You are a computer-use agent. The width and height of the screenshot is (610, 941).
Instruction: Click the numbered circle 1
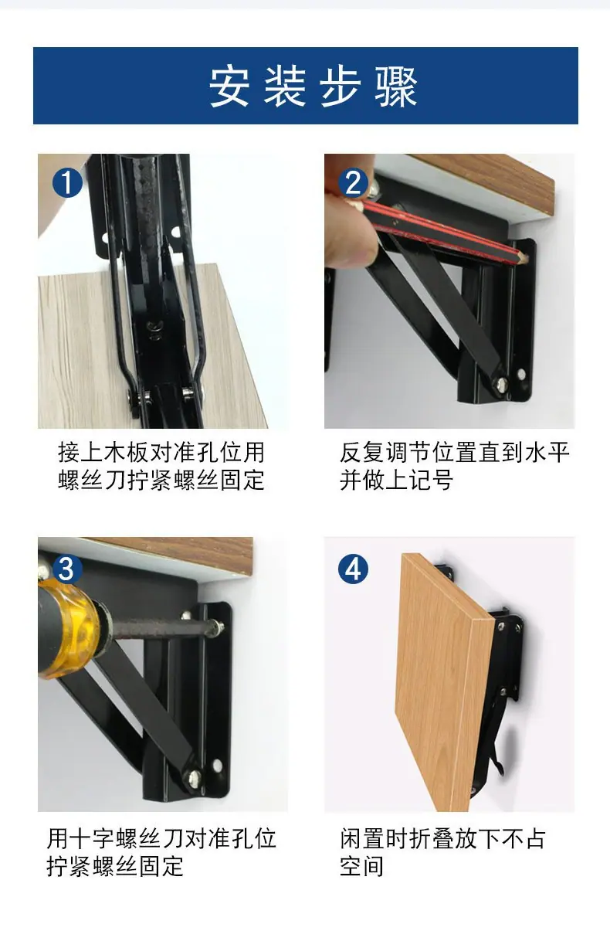pyautogui.click(x=67, y=183)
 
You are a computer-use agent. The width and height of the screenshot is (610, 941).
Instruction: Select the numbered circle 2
pyautogui.click(x=354, y=183)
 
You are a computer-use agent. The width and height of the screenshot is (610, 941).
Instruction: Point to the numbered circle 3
pyautogui.click(x=67, y=569)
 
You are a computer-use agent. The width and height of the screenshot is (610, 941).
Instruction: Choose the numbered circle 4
pyautogui.click(x=354, y=569)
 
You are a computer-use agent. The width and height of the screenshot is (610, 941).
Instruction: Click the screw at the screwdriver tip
pyautogui.click(x=218, y=626)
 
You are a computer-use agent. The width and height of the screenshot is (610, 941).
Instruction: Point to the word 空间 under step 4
pyautogui.click(x=362, y=866)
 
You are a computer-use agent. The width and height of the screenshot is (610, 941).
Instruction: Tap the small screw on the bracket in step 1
pyautogui.click(x=153, y=327)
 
